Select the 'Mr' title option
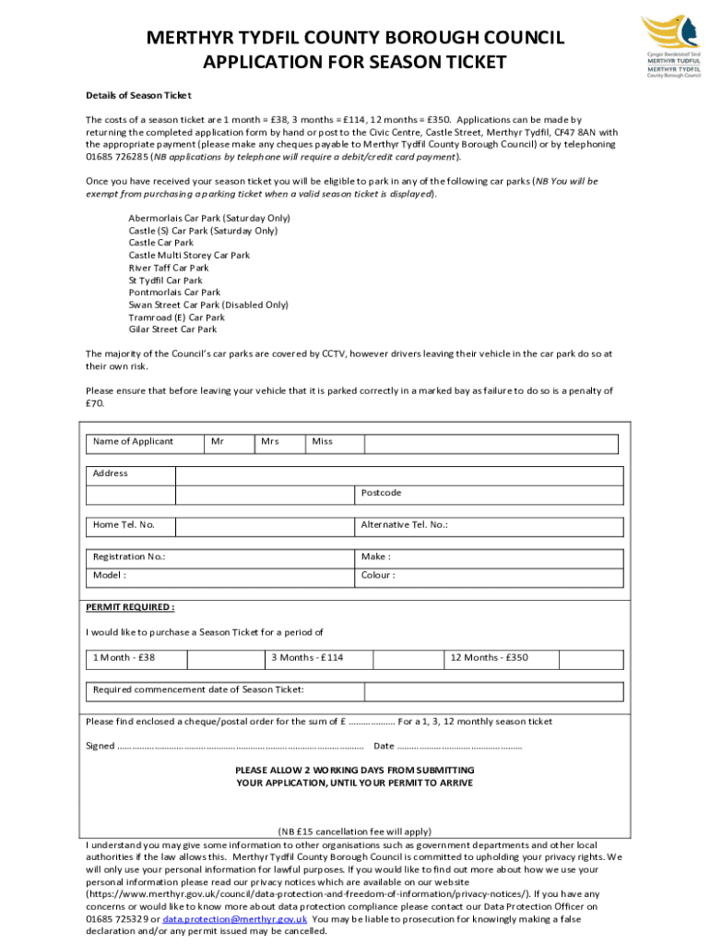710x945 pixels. (x=229, y=442)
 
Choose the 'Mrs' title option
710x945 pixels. (x=279, y=442)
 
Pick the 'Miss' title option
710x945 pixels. (x=334, y=442)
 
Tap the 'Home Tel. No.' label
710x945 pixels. (x=124, y=525)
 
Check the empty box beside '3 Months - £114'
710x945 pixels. (x=405, y=658)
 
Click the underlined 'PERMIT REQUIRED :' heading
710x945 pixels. (x=130, y=607)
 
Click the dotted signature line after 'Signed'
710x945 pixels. (x=241, y=747)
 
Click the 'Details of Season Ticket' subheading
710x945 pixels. (x=138, y=95)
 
